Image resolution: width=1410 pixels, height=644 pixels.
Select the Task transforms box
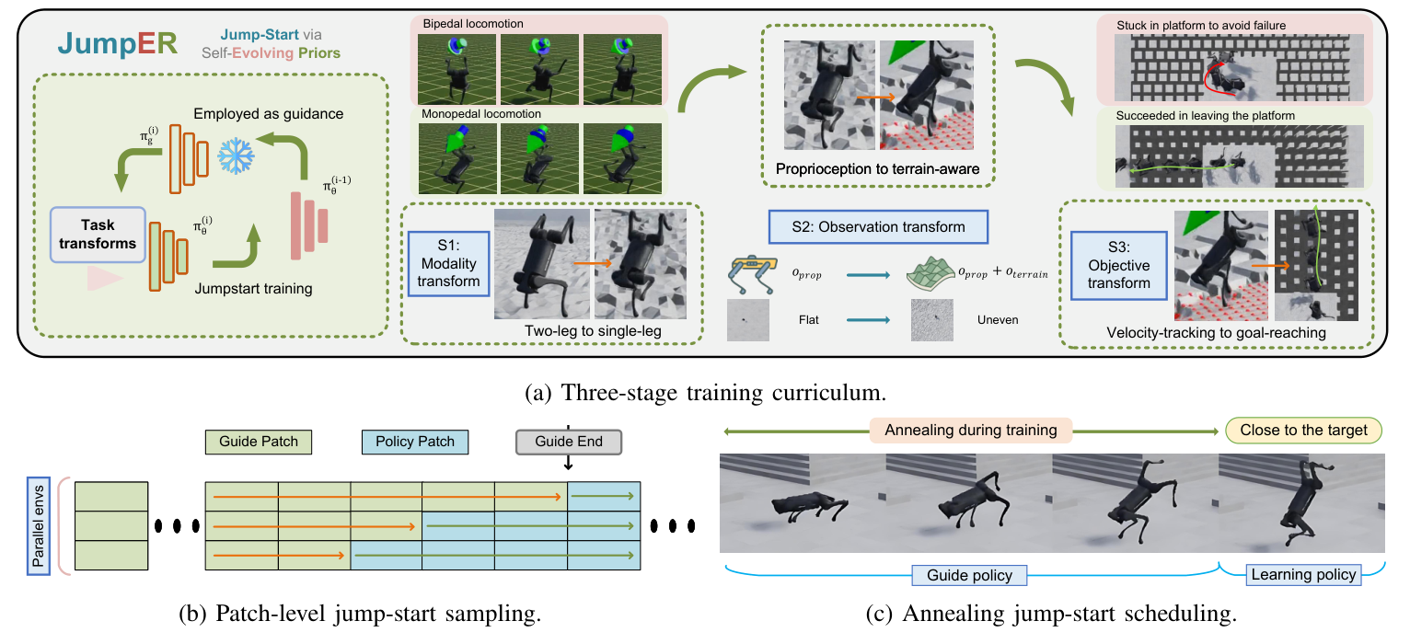click(97, 234)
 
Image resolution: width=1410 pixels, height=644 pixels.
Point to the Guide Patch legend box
click(257, 442)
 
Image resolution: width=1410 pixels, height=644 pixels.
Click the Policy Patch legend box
click(415, 442)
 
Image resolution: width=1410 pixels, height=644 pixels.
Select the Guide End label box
click(568, 442)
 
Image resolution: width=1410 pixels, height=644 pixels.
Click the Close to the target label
click(1303, 430)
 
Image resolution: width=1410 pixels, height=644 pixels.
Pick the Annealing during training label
click(971, 430)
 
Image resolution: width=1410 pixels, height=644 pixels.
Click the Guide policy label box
click(971, 575)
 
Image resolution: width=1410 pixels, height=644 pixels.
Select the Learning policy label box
click(1303, 575)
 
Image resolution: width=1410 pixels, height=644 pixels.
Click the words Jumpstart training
click(254, 289)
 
